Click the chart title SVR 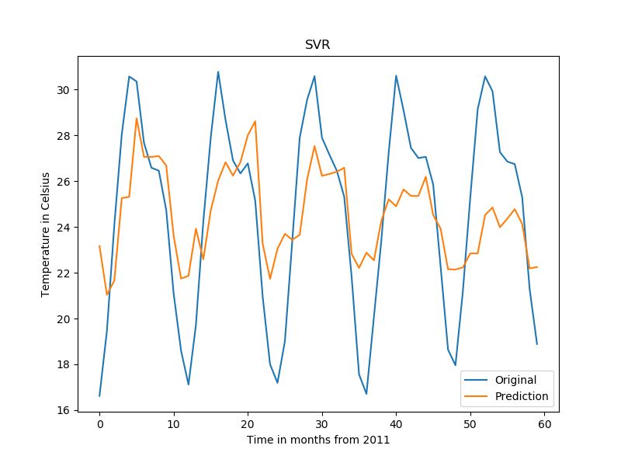pos(317,45)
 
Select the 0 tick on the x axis pos(99,424)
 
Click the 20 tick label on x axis pos(248,424)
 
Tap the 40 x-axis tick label pos(396,424)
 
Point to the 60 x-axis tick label pos(544,424)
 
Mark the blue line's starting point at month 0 pos(99,396)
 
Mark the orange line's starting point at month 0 pos(99,245)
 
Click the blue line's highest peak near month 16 pos(218,71)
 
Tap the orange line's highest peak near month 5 pos(137,118)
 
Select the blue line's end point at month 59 pos(536,344)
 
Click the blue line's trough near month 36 pos(366,394)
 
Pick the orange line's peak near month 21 pos(255,121)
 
